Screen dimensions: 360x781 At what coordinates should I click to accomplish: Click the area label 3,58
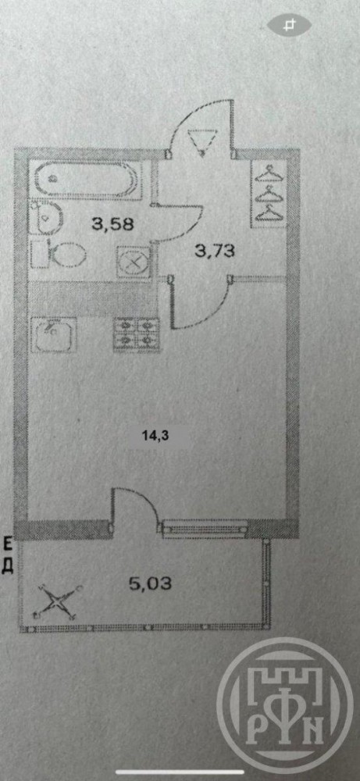[x=113, y=224]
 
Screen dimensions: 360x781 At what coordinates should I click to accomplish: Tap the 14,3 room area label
[x=156, y=435]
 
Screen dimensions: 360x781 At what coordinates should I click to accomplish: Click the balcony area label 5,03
[x=151, y=583]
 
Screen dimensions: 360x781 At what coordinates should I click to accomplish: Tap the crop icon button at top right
[x=289, y=25]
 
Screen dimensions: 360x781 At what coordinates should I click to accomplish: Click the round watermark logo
[x=286, y=707]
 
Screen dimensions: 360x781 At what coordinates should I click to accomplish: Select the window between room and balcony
[x=205, y=529]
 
